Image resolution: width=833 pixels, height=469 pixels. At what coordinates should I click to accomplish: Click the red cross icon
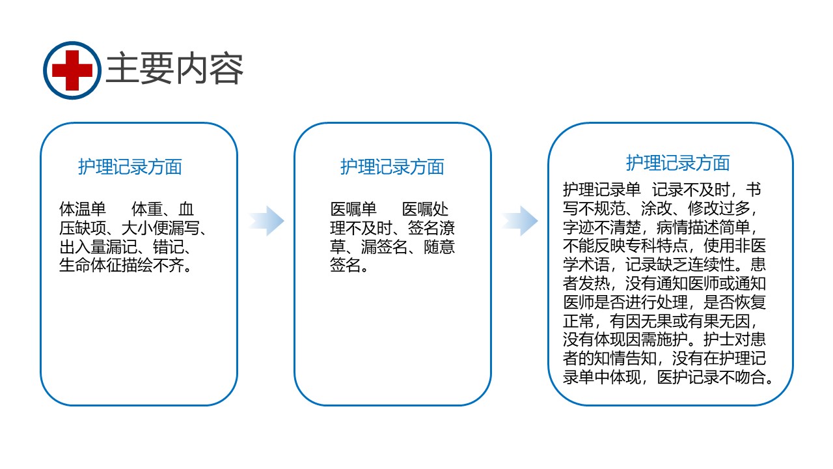coord(72,70)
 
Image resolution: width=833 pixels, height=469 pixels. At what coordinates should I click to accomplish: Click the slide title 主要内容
coord(174,69)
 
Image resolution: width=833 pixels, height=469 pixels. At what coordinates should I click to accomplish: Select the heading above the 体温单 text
coord(130,166)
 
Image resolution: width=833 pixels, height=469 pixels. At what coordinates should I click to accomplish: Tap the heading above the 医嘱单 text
coord(392,166)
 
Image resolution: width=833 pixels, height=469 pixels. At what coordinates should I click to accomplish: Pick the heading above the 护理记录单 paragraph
coord(678,163)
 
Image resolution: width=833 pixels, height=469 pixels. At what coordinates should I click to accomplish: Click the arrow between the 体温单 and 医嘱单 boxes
coord(266,221)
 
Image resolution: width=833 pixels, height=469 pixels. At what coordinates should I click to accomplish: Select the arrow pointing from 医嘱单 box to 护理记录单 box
coord(520,221)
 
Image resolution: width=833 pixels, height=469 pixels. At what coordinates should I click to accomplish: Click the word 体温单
coord(83,209)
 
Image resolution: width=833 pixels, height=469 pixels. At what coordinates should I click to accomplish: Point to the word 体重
coord(147,209)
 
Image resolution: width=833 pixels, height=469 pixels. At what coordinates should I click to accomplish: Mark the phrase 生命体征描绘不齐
coord(122,265)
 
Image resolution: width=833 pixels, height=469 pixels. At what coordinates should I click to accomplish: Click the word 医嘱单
coord(353,209)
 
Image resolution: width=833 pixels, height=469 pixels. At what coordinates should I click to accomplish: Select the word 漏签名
coord(384,247)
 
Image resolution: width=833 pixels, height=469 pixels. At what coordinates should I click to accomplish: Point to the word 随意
coord(439,247)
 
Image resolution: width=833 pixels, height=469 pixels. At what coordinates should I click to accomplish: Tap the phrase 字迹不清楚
coord(602,227)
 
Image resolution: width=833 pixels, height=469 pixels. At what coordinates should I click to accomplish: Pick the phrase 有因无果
coord(641,321)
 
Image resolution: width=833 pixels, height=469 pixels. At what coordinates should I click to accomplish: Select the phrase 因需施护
coord(657,339)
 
